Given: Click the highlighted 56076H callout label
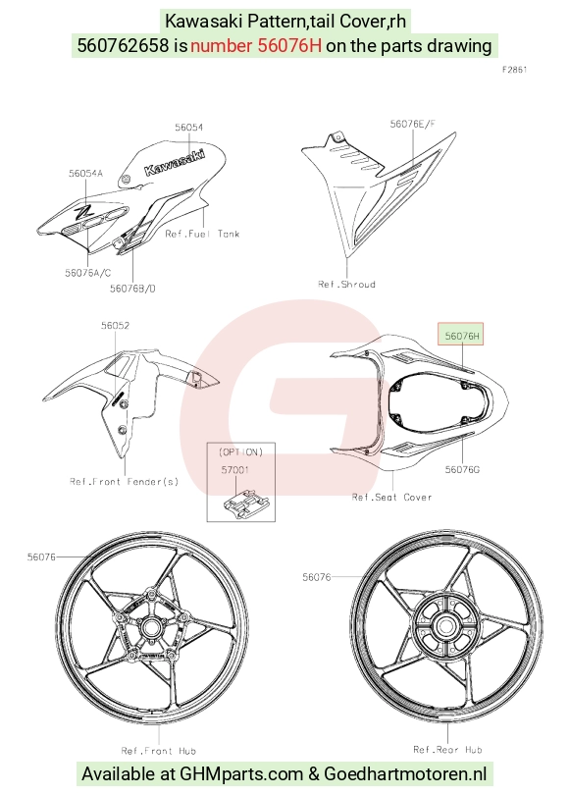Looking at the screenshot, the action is point(461,335).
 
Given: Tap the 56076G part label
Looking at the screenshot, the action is point(462,469).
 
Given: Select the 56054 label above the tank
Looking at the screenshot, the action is point(189,128).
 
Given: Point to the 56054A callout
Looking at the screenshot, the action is point(85,174).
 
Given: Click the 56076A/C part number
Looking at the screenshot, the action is point(87,273).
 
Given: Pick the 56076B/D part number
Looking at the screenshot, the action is point(132,289).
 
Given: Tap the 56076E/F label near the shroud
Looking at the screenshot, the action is point(412,124).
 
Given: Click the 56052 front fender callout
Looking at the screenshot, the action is point(115,326).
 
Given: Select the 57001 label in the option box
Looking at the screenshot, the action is point(235,470).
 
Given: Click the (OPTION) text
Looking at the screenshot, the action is point(240,451).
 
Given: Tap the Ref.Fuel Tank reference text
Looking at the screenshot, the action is point(202,234).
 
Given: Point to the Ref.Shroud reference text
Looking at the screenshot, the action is point(346,284).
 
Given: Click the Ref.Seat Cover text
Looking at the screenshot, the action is point(391,498).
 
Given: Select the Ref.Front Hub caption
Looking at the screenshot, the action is point(159,751).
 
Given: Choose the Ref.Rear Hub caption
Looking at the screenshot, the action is point(447,750).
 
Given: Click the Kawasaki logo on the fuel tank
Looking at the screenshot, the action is point(175,162).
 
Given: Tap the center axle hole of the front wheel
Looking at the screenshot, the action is point(150,628).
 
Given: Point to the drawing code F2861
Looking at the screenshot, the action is point(514,70).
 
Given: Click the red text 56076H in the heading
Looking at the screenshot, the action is point(289,45).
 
